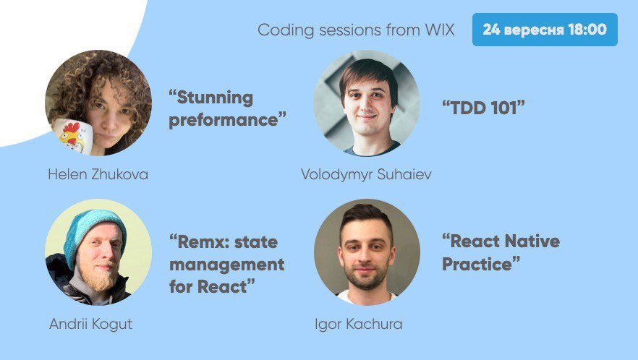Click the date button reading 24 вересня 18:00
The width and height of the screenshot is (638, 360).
(x=545, y=30)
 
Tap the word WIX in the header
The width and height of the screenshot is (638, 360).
(x=440, y=30)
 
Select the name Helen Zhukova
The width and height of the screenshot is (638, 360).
(x=98, y=174)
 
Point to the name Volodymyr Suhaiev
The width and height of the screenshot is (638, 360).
(x=366, y=174)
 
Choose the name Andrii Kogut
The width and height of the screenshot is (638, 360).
(x=90, y=324)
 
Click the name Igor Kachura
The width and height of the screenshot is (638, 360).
(x=359, y=324)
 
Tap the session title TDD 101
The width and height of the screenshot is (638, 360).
(x=483, y=108)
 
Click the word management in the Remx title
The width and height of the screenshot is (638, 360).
(x=227, y=265)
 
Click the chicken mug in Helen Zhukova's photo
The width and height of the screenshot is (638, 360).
(x=72, y=136)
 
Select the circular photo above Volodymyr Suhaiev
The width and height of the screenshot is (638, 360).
(x=367, y=103)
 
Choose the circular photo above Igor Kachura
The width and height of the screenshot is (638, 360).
(x=367, y=252)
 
